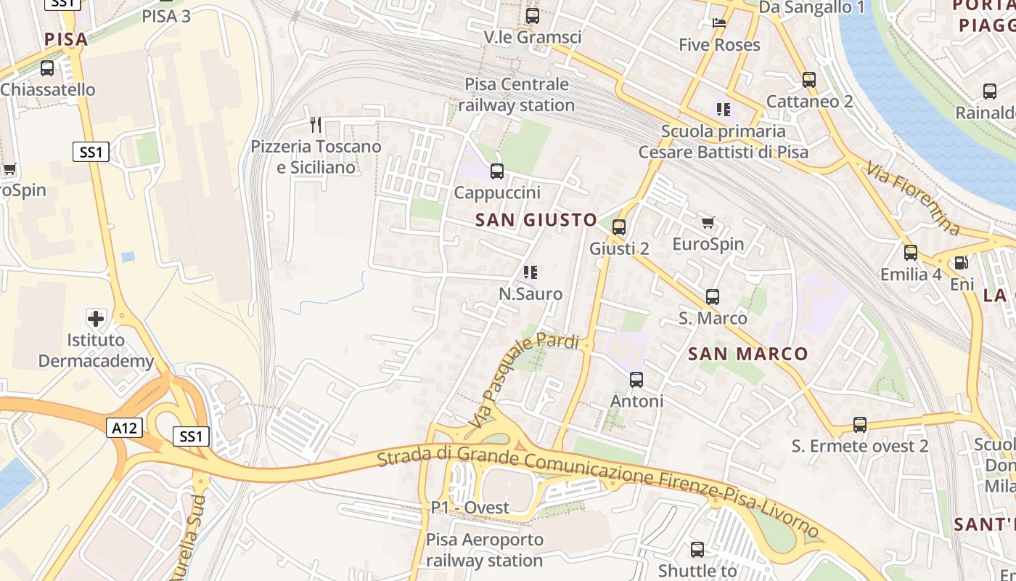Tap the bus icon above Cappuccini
[x=497, y=171]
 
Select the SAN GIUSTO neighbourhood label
[x=536, y=220]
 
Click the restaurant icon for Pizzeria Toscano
[x=316, y=125]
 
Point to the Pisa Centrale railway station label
[x=517, y=94]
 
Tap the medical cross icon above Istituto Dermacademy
[x=96, y=318]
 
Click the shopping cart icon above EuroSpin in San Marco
[x=708, y=222]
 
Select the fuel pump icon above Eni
[x=962, y=263]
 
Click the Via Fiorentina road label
[x=913, y=199]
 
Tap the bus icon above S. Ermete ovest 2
[x=860, y=424]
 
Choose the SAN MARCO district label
[x=747, y=354]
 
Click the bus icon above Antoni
[x=636, y=379]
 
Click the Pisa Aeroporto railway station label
[x=484, y=550]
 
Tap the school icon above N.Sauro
[x=530, y=272]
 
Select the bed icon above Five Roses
[x=719, y=23]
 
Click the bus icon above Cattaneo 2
[x=809, y=79]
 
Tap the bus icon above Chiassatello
[x=47, y=68]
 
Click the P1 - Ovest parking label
[x=470, y=508]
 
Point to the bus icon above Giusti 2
[x=619, y=227]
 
